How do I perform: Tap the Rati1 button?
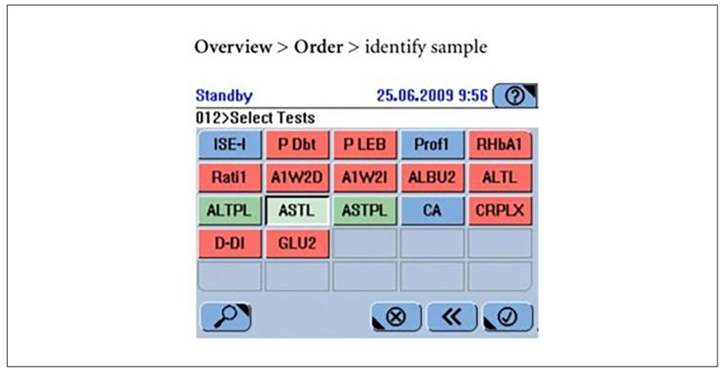tap(230, 178)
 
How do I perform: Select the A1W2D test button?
tap(297, 178)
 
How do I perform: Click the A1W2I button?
tap(365, 178)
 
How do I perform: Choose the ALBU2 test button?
tap(433, 178)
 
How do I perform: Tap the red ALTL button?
tap(500, 178)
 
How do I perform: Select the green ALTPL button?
tap(230, 210)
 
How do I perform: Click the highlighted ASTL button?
tap(297, 210)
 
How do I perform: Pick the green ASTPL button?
tap(365, 210)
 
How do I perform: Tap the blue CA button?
tap(433, 210)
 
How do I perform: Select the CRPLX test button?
tap(500, 210)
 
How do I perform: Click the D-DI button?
tap(230, 243)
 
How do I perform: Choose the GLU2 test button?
tap(297, 243)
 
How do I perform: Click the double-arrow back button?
tap(453, 317)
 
